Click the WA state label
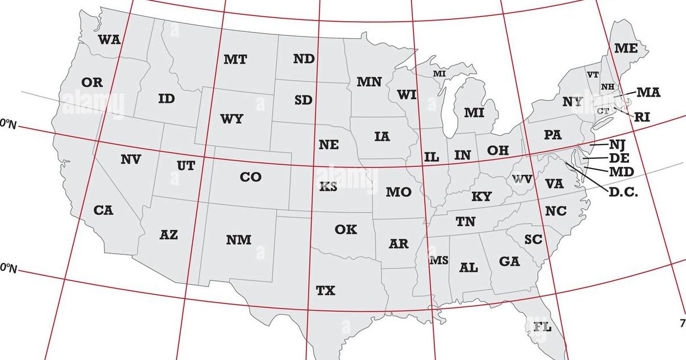(x=109, y=39)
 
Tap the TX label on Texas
(x=326, y=291)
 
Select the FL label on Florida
(x=543, y=327)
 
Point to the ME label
(x=626, y=49)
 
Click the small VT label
(x=593, y=75)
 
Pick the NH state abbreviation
(x=607, y=87)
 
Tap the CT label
(x=603, y=111)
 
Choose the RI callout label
(x=642, y=117)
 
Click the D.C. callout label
(x=624, y=193)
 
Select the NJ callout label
(x=618, y=145)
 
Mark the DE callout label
(x=620, y=158)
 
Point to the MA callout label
(x=649, y=92)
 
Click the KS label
(x=328, y=187)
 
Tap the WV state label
(x=522, y=179)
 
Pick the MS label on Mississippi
(x=439, y=261)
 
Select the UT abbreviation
(x=186, y=166)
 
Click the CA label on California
(x=103, y=210)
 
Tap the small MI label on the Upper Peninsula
(x=439, y=74)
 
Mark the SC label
(x=533, y=240)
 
